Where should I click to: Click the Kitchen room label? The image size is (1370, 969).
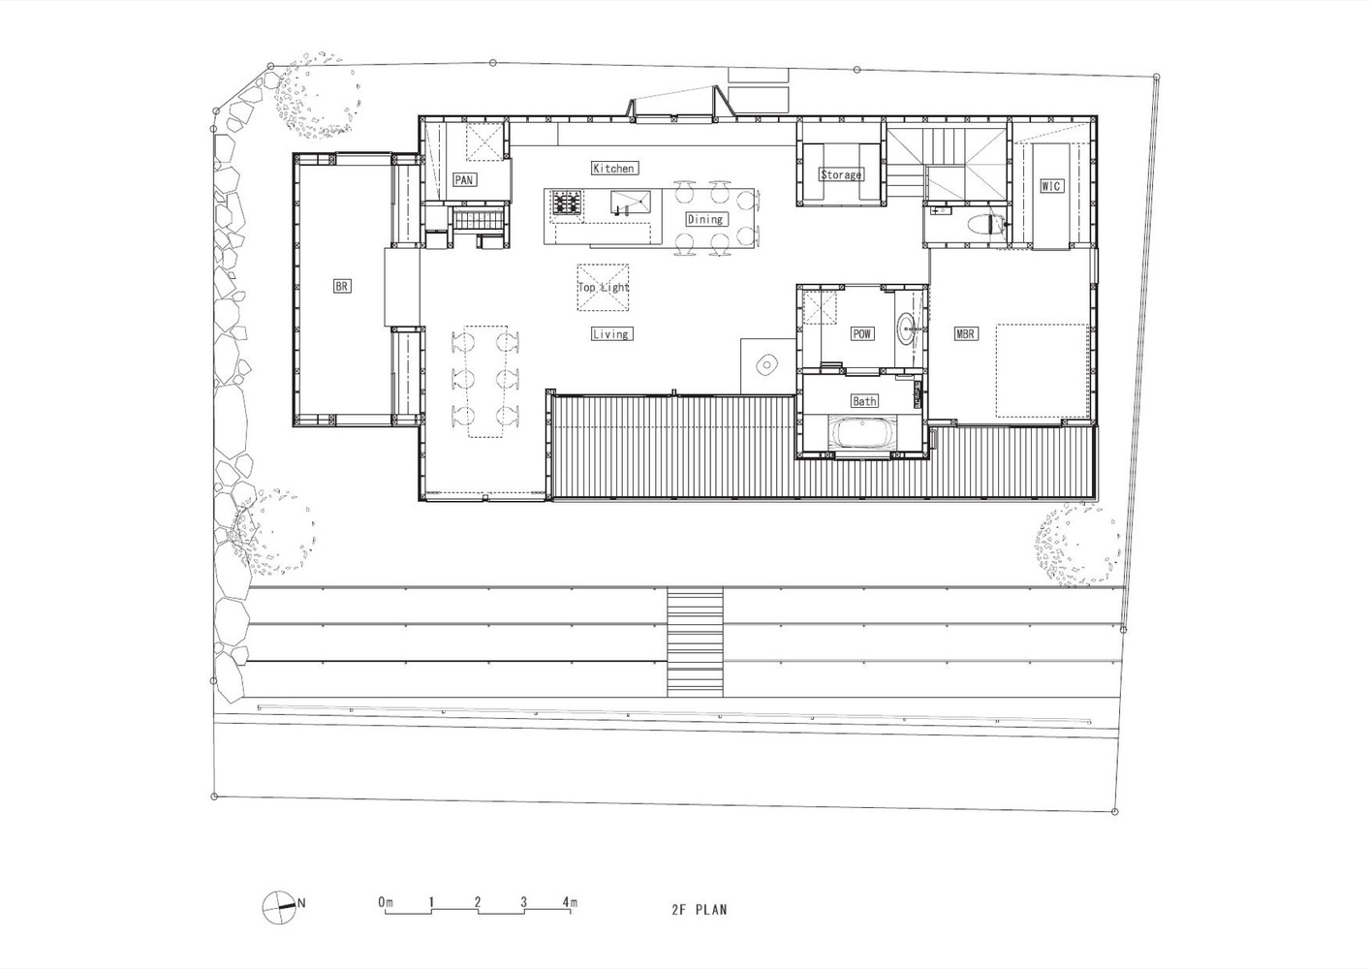(x=614, y=168)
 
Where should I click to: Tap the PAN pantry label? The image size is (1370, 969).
(x=463, y=179)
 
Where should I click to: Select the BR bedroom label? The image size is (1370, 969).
(x=341, y=286)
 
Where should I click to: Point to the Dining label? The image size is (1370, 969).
(x=705, y=219)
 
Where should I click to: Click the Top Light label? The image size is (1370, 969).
(x=603, y=287)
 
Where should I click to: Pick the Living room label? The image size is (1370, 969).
(x=611, y=333)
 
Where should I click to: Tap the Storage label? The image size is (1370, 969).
(x=841, y=174)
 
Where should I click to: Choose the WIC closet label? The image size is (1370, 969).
(x=1050, y=185)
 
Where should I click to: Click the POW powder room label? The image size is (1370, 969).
(x=861, y=333)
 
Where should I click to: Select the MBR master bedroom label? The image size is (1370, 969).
(x=965, y=333)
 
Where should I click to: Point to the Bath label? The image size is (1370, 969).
(x=864, y=401)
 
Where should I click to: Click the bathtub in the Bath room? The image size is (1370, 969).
(x=862, y=432)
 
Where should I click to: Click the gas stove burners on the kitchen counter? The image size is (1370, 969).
(x=567, y=203)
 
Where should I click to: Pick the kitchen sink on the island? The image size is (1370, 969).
(x=631, y=201)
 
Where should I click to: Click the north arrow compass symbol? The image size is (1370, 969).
(x=279, y=907)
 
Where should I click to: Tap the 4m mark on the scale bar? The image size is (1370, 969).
(x=570, y=902)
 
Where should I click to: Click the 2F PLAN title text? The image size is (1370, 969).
(x=700, y=909)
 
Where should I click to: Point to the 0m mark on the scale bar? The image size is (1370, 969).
(x=386, y=902)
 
